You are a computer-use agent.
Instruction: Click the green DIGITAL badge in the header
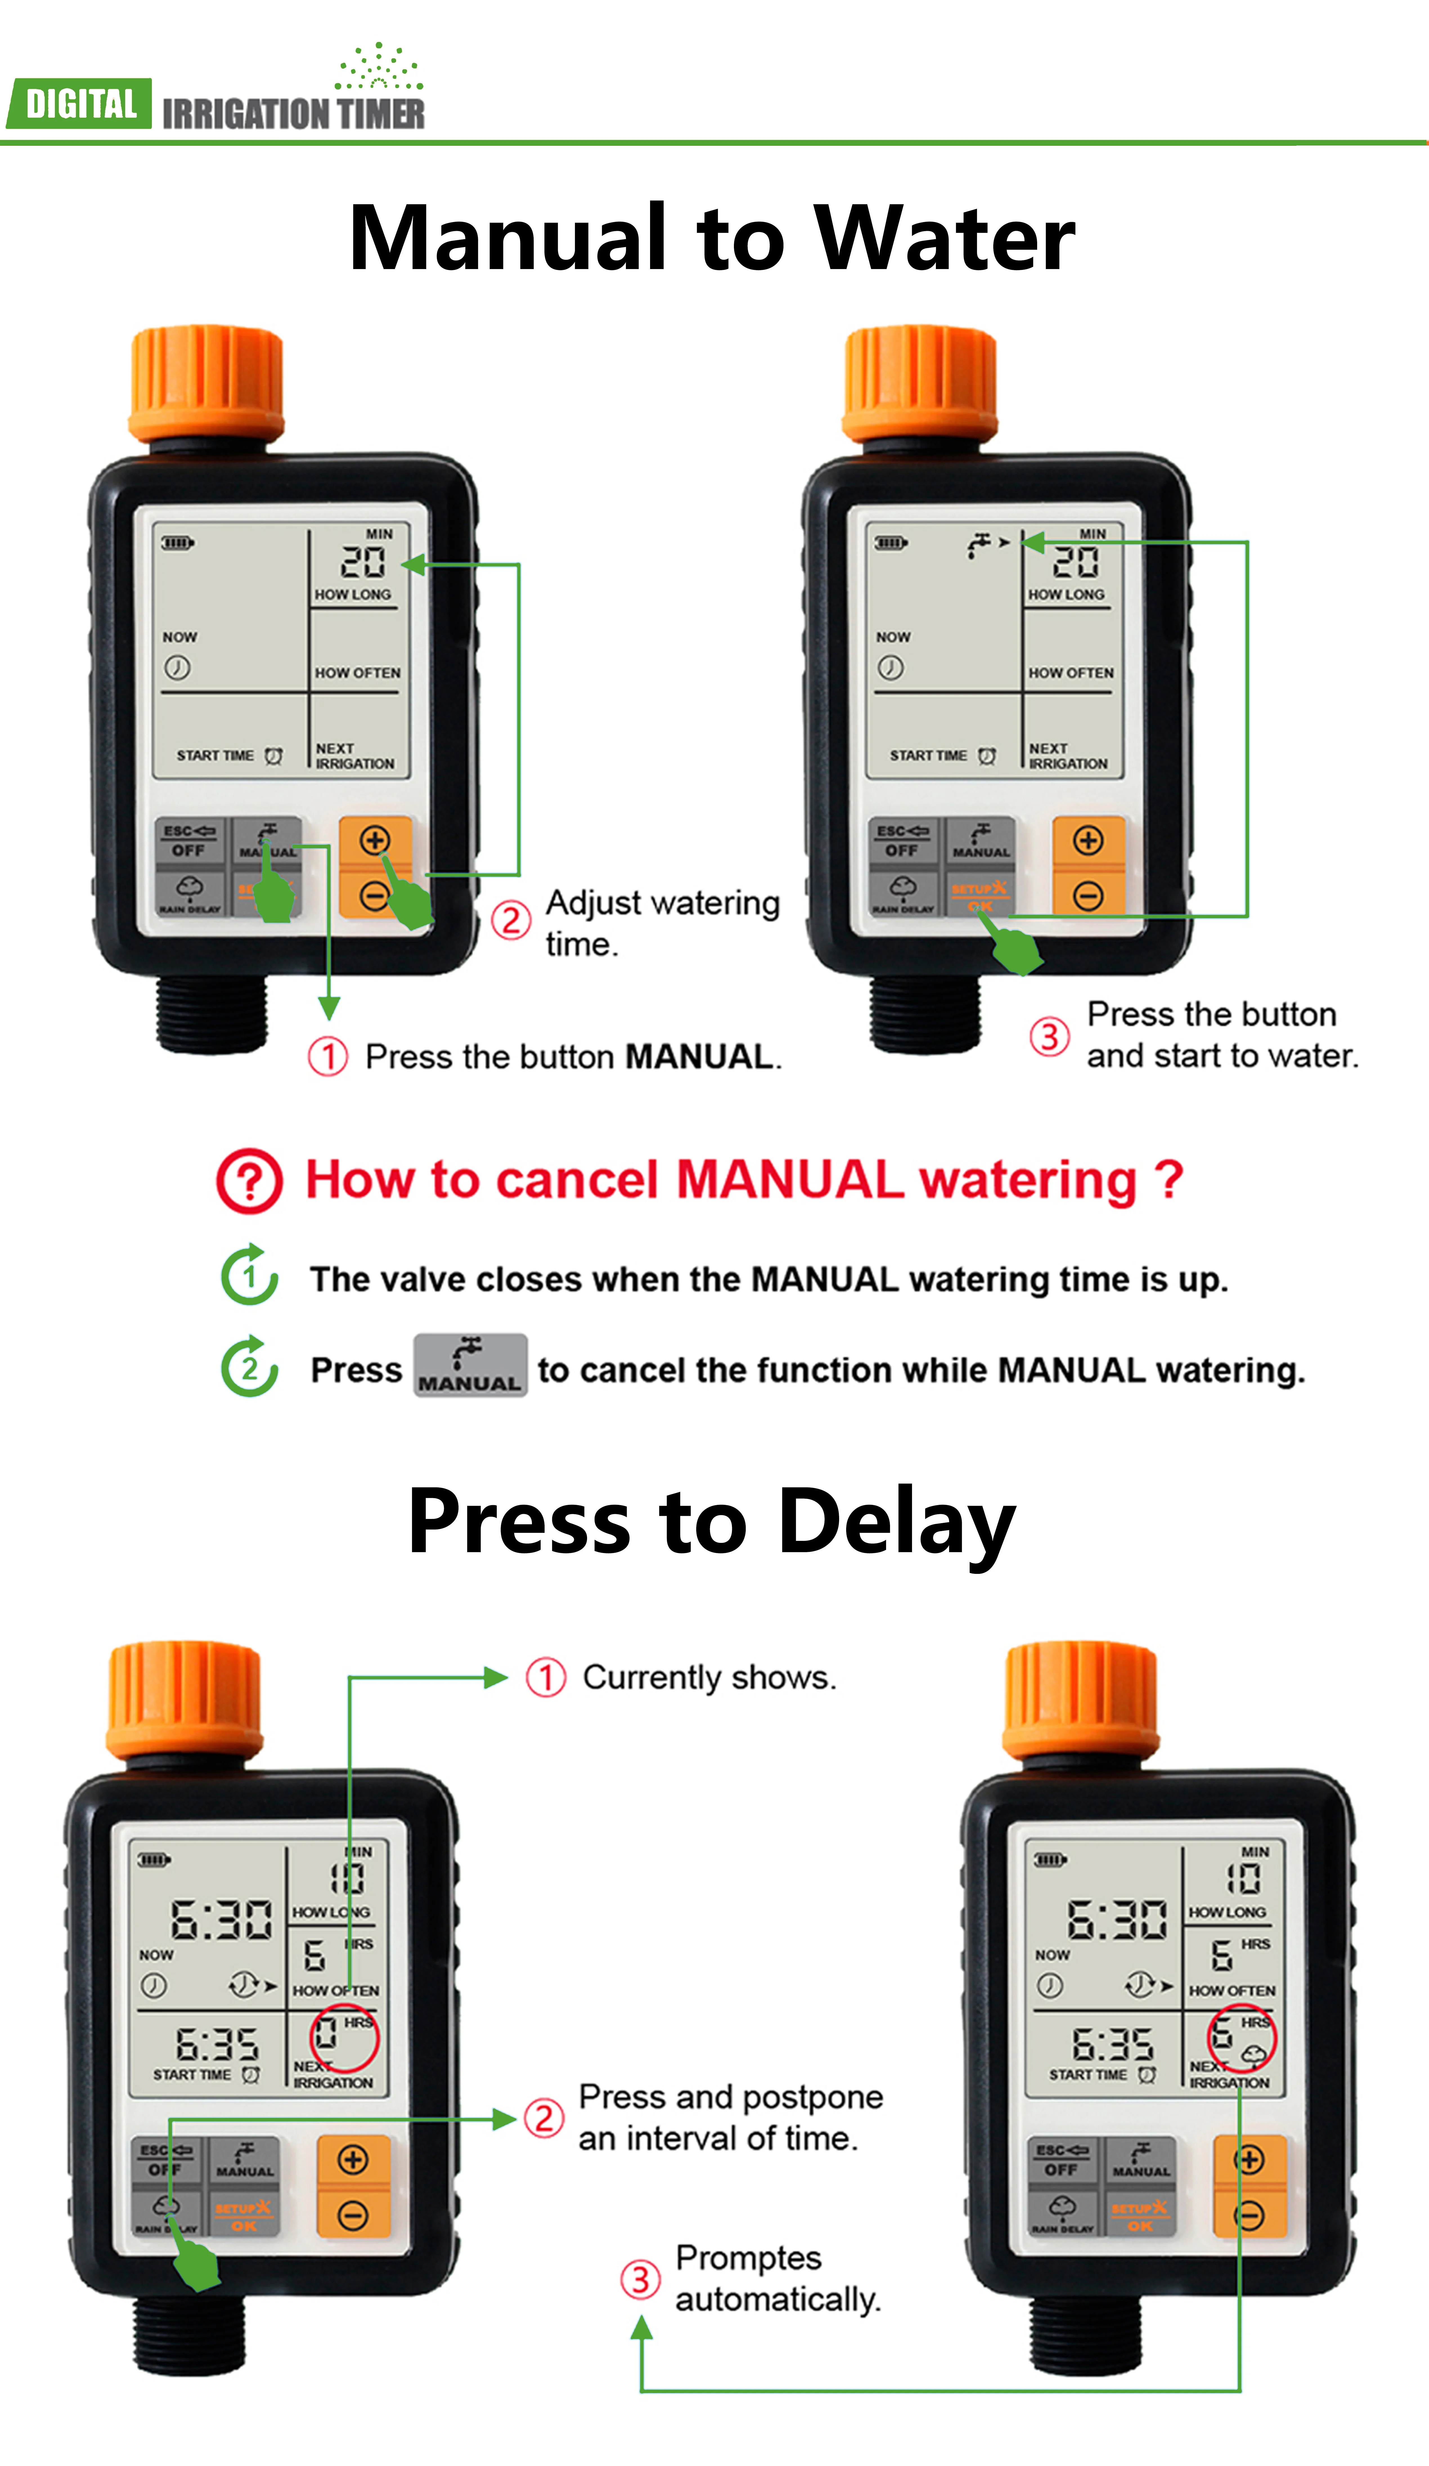(80, 104)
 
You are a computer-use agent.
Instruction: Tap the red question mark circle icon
(250, 1181)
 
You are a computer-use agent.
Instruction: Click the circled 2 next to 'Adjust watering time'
(511, 920)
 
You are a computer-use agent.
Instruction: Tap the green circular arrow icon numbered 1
(250, 1276)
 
